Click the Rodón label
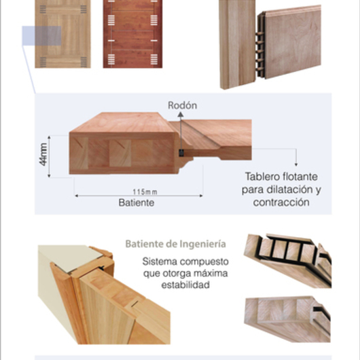click(x=182, y=105)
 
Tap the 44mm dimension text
click(x=43, y=154)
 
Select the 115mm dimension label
click(x=145, y=192)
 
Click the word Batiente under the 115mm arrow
click(x=137, y=202)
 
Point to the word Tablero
click(x=262, y=177)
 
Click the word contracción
click(x=281, y=202)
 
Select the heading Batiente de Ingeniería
click(x=176, y=244)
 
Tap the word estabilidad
click(x=185, y=285)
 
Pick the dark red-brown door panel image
click(x=132, y=34)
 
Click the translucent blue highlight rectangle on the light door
click(x=41, y=36)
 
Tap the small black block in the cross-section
click(x=181, y=153)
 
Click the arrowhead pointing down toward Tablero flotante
click(x=296, y=164)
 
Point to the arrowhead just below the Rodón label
click(x=181, y=114)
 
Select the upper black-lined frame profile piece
click(x=288, y=260)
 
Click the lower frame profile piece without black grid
click(x=288, y=319)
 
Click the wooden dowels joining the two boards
click(x=259, y=51)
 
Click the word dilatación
click(x=289, y=190)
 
